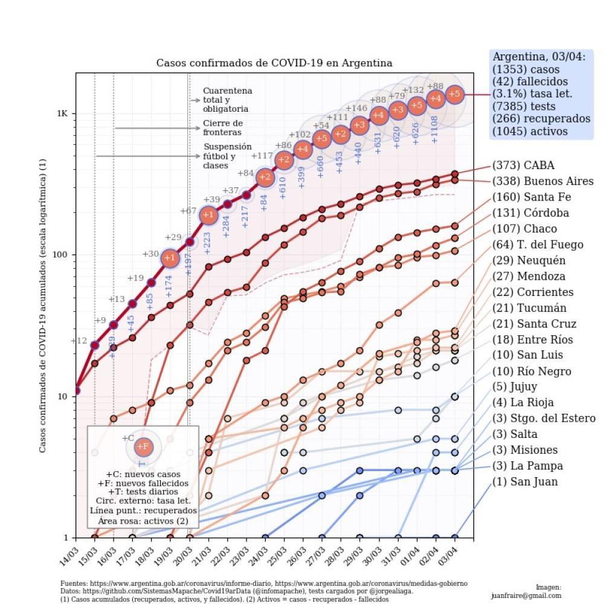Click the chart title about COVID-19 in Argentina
pyautogui.click(x=274, y=63)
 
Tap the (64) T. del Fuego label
pyautogui.click(x=538, y=245)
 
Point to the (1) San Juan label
pyautogui.click(x=525, y=482)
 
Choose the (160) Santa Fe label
pyautogui.click(x=532, y=198)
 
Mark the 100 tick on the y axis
pyautogui.click(x=63, y=255)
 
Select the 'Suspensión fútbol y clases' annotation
pyautogui.click(x=227, y=156)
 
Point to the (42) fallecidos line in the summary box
pyautogui.click(x=530, y=81)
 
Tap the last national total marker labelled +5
pyautogui.click(x=455, y=94)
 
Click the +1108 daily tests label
pyautogui.click(x=435, y=129)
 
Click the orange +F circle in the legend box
pyautogui.click(x=143, y=447)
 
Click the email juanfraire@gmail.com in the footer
pyautogui.click(x=527, y=595)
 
